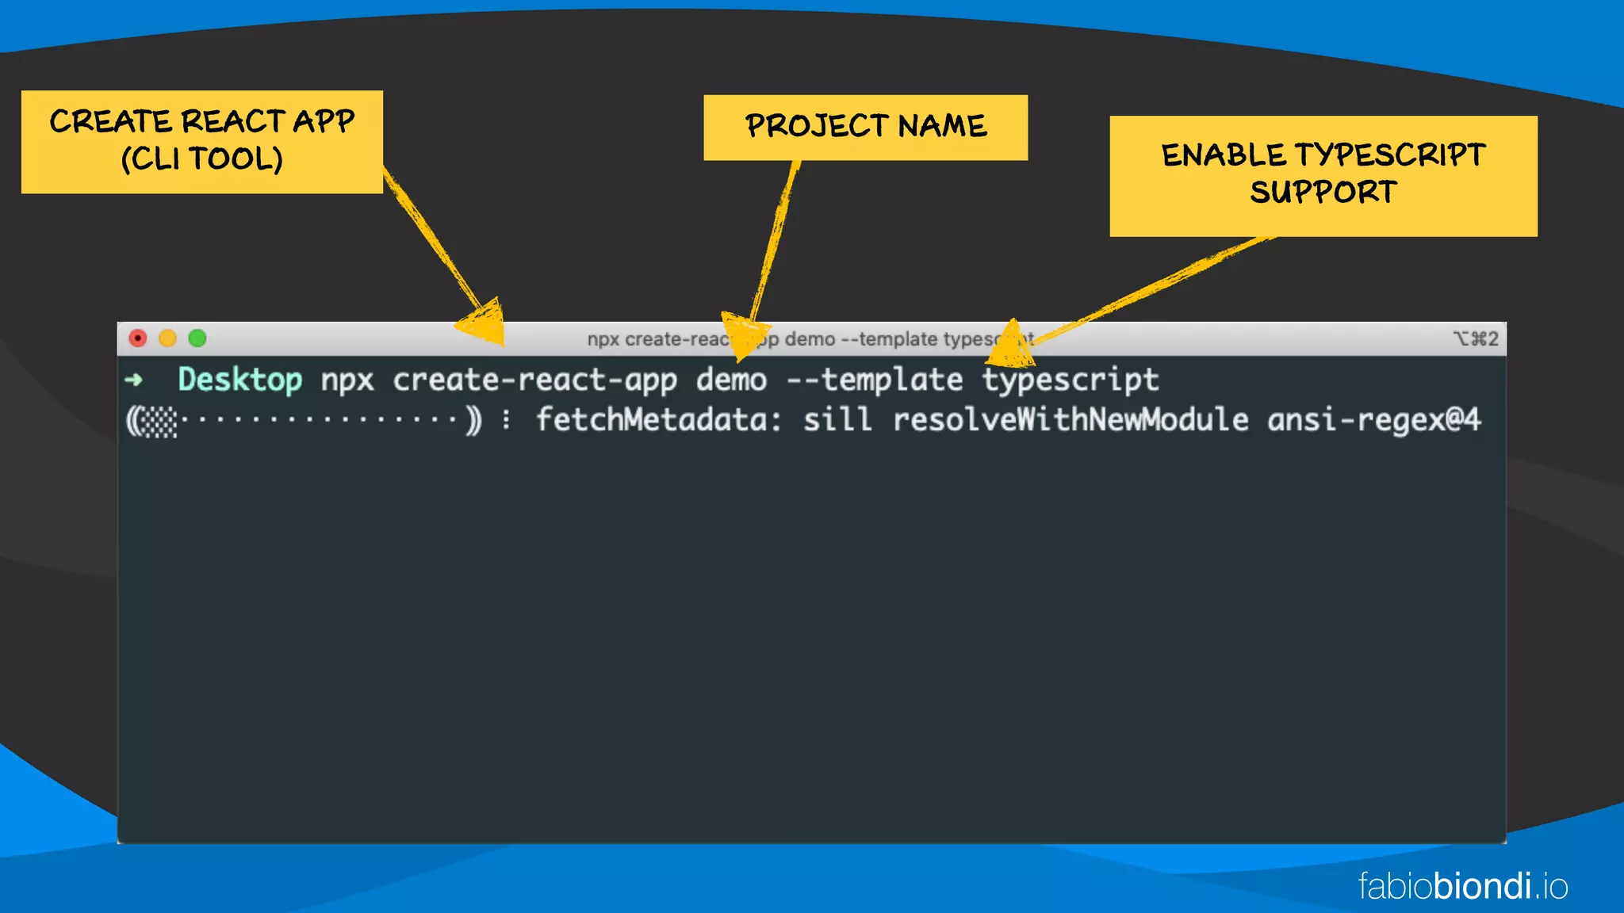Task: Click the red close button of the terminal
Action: coord(138,338)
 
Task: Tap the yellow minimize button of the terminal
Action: coord(167,338)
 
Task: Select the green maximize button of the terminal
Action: coord(197,338)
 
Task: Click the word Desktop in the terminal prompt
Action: coord(239,380)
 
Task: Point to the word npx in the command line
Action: coord(347,380)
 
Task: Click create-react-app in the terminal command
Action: coord(534,380)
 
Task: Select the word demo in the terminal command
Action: coord(731,380)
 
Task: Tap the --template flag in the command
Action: coord(874,380)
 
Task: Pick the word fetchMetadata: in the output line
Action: coord(659,419)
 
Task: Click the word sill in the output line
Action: coord(837,419)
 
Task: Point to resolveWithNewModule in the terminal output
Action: coord(1071,419)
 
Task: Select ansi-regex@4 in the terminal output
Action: coord(1373,419)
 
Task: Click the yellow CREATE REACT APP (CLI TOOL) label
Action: coord(202,142)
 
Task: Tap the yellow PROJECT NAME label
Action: coord(866,128)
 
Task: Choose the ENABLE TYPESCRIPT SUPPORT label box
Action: coord(1323,176)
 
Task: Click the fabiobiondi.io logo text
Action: coord(1462,886)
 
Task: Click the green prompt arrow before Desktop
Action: coord(134,380)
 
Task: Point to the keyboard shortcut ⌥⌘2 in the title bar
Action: coord(1475,339)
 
